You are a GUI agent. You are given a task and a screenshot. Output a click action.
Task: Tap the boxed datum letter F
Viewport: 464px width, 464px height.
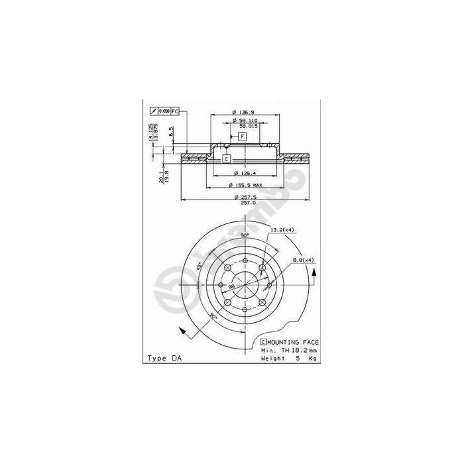[x=243, y=137]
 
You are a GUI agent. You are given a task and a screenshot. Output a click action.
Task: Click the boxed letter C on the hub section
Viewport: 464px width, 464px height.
[x=225, y=158]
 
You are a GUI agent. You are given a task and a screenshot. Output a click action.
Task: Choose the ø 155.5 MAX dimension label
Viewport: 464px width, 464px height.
[x=245, y=185]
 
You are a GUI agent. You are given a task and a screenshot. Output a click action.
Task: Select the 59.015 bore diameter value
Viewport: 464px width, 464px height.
[x=247, y=125]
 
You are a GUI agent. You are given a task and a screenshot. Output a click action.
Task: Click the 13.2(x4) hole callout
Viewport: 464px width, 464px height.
[x=282, y=229]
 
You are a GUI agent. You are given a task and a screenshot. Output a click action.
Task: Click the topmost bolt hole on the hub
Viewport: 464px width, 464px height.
[x=245, y=260]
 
